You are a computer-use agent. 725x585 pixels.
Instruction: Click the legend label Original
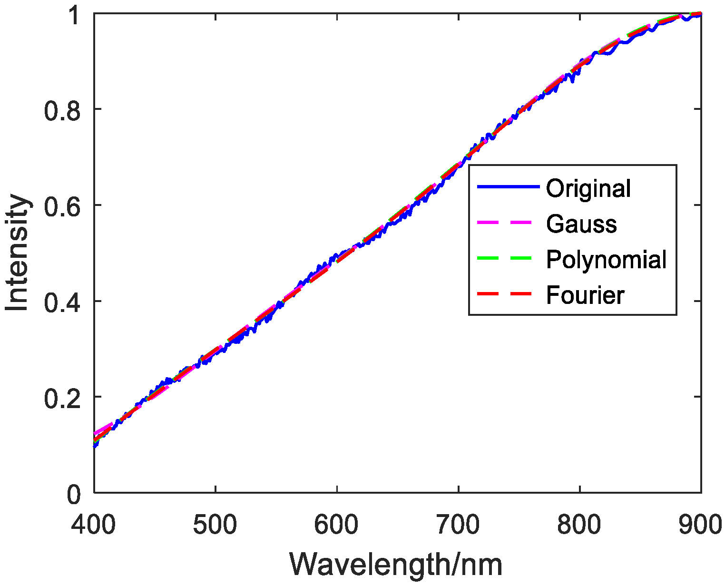588,189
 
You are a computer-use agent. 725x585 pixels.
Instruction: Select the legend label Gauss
581,224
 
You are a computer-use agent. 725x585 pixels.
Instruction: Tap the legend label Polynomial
606,260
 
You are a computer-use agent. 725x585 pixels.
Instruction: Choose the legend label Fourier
585,295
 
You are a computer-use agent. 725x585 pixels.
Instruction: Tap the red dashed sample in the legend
508,294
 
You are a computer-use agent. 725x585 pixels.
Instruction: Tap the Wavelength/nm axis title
396,565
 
